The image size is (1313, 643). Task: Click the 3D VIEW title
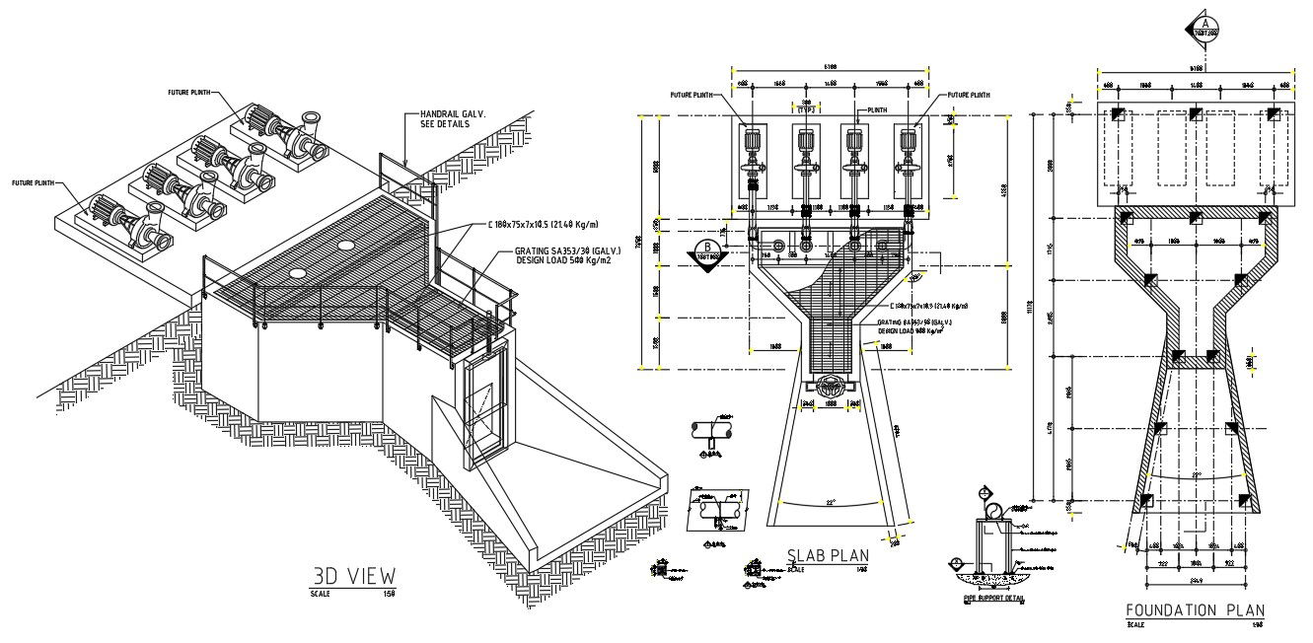(x=353, y=575)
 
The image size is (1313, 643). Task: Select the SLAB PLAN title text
(x=828, y=555)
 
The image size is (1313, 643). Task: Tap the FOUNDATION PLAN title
(x=1195, y=610)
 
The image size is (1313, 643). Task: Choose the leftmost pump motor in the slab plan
(x=754, y=143)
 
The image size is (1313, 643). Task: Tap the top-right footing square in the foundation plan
(x=1273, y=114)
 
